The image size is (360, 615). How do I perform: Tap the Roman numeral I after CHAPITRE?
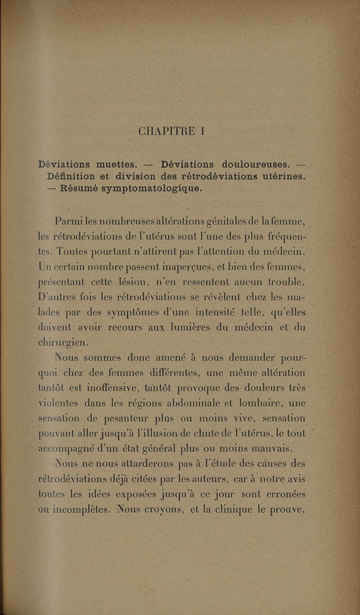(203, 131)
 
